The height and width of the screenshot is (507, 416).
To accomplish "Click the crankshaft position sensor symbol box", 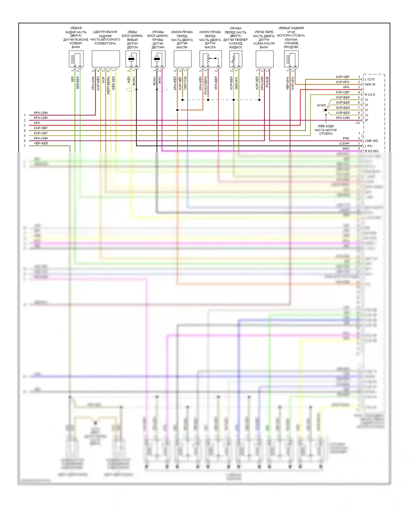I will click(76, 59).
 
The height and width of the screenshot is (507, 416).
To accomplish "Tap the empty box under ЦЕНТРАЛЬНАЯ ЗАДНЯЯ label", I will click(106, 59).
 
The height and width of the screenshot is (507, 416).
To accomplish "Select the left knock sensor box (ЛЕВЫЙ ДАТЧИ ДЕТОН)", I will click(133, 59).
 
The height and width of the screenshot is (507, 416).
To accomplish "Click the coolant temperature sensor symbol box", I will click(236, 59).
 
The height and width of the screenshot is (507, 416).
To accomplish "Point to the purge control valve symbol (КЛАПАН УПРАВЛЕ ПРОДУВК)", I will click(291, 59).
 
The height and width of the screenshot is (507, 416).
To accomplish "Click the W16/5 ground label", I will click(321, 105).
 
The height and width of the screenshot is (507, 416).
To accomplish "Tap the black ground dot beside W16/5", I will click(326, 110).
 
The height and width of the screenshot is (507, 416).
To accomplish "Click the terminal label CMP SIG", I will click(371, 141).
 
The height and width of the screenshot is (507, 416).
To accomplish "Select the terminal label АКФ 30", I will click(370, 85).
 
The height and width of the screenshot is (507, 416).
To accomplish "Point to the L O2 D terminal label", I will click(370, 79).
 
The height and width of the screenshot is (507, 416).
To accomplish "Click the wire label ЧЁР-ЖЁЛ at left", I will click(41, 143).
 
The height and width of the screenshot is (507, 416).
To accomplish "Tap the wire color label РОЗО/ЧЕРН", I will click(206, 85).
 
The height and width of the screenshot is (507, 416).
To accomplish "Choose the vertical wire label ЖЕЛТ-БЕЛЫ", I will click(108, 86).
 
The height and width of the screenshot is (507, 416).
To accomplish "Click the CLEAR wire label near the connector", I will click(344, 143).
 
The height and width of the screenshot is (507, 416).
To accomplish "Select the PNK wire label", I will click(346, 138).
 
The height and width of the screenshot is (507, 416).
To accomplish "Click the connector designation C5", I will click(358, 123).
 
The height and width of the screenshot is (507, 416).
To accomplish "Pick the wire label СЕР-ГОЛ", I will click(185, 83).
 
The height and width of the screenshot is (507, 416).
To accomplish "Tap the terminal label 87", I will click(367, 120).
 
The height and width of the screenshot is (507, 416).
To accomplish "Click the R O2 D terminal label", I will click(370, 95).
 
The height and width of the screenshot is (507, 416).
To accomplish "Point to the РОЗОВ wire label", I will click(267, 82).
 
